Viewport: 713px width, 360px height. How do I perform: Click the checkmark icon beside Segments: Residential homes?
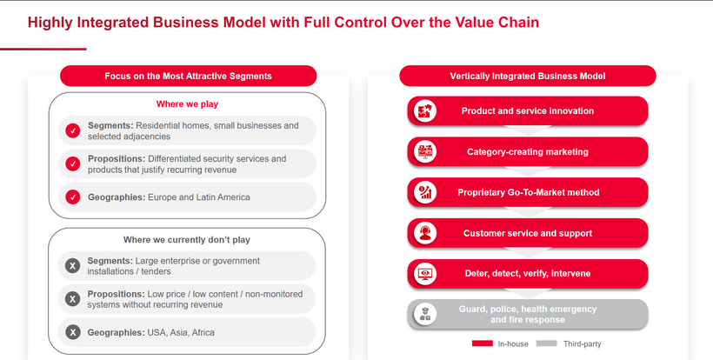(x=73, y=131)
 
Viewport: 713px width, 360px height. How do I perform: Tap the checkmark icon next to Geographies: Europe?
(x=73, y=197)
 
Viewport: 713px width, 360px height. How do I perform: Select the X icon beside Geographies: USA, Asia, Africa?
(x=73, y=332)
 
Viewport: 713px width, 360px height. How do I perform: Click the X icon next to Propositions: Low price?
(x=73, y=299)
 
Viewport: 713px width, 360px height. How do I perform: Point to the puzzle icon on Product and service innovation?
(x=425, y=111)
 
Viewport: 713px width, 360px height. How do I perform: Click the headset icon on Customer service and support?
(x=425, y=233)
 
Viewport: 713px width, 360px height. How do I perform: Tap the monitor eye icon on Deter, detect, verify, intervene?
(x=425, y=274)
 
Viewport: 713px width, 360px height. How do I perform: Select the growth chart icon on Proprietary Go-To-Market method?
(x=425, y=192)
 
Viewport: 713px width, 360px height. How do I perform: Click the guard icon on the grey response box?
(x=425, y=314)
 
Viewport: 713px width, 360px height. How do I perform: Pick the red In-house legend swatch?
(x=483, y=343)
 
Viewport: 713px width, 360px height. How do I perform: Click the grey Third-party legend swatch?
(x=547, y=343)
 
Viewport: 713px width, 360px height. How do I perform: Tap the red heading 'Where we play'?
(x=187, y=104)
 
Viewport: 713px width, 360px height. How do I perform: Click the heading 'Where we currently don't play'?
(x=187, y=239)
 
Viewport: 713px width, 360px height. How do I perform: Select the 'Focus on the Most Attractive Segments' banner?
(x=189, y=76)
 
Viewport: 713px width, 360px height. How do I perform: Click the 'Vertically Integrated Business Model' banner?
(x=528, y=76)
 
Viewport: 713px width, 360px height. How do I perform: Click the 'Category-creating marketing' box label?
(x=528, y=152)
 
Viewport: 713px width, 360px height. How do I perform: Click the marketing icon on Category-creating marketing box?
(x=425, y=151)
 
